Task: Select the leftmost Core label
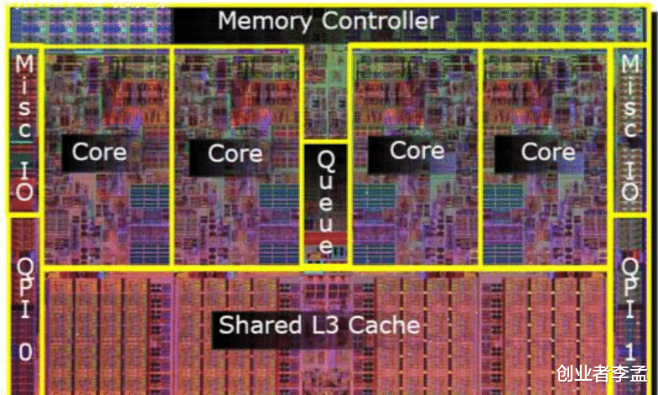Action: click(99, 152)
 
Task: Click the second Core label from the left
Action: click(235, 153)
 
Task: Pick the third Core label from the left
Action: click(417, 150)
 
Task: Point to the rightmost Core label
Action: click(548, 152)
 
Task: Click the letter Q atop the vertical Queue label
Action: click(325, 159)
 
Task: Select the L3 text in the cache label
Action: click(329, 325)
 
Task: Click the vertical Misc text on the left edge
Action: click(25, 98)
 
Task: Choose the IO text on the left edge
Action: click(25, 183)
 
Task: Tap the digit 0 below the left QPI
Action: click(25, 353)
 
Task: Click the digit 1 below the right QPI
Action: click(630, 351)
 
